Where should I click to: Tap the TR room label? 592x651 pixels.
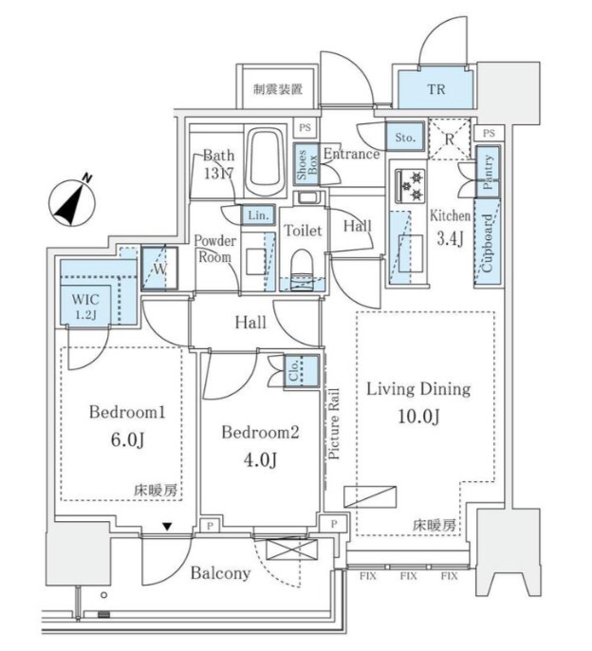point(435,90)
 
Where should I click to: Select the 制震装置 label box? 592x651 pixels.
point(278,90)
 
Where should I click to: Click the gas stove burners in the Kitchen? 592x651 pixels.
point(413,183)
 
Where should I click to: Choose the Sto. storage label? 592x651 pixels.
point(405,139)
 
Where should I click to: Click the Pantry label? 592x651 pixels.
point(488,174)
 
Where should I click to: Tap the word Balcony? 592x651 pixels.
point(219,573)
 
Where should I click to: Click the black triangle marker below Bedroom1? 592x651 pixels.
point(167,527)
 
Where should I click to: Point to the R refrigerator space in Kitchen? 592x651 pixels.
point(449,139)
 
